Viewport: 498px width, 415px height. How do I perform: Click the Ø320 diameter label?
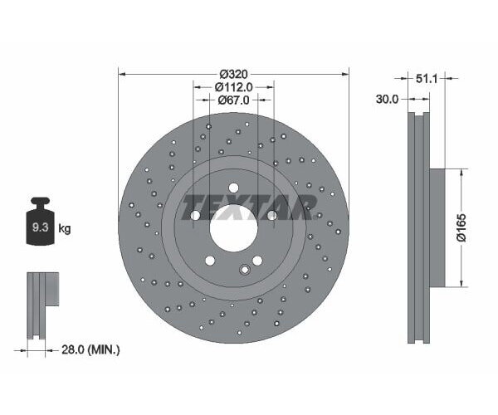click(x=233, y=73)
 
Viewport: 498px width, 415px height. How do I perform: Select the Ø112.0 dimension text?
click(x=233, y=87)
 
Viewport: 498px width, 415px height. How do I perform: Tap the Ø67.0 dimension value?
click(x=233, y=100)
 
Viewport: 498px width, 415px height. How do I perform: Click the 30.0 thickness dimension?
click(x=387, y=99)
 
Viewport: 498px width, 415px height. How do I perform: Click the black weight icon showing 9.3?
click(x=39, y=224)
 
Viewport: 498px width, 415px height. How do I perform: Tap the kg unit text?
click(x=64, y=228)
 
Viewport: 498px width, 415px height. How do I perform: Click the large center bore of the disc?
click(x=233, y=227)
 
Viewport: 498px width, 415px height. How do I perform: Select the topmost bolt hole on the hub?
click(x=233, y=187)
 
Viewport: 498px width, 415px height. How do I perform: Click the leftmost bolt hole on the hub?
click(x=196, y=215)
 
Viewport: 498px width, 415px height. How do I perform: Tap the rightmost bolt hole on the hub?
click(x=271, y=215)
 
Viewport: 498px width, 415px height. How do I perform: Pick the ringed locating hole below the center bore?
click(x=245, y=269)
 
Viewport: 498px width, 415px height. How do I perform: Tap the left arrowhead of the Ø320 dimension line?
click(x=123, y=73)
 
